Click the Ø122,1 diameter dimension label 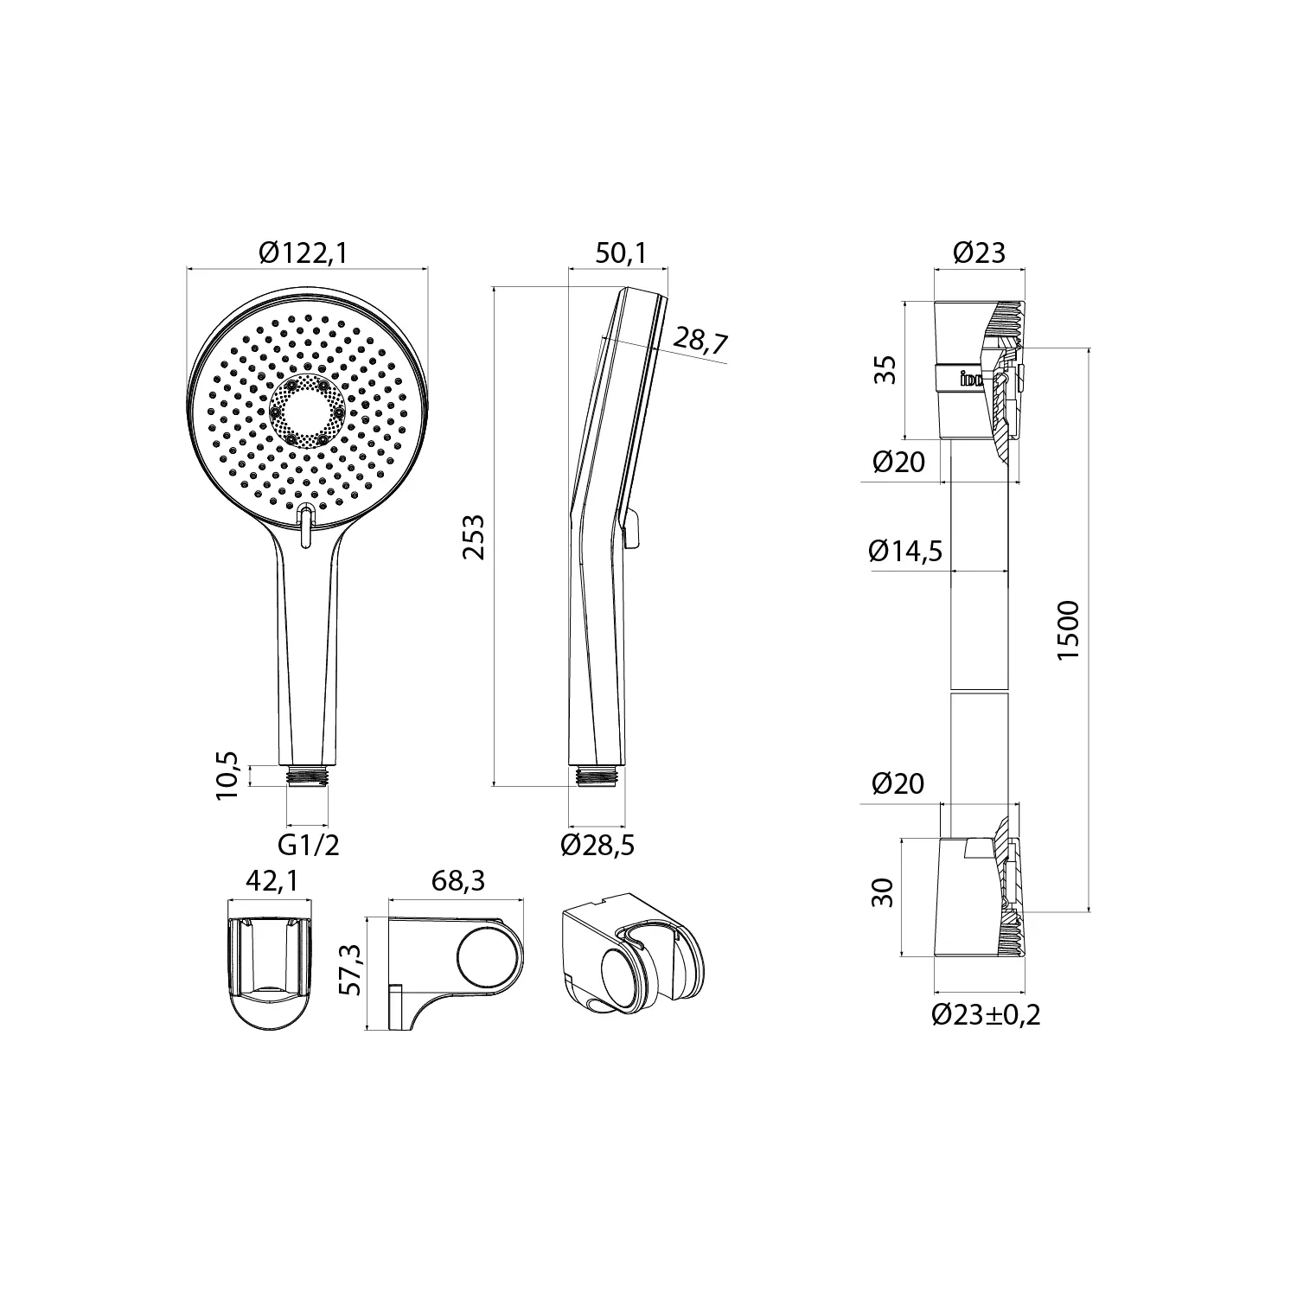tap(308, 252)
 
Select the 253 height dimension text tap(474, 537)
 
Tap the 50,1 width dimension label tap(620, 252)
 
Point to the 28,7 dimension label tap(700, 339)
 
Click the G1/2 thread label tap(308, 845)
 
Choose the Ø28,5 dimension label tap(597, 845)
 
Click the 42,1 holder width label tap(272, 880)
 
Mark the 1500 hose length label tap(1069, 630)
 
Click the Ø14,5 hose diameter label tap(906, 551)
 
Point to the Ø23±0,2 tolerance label tap(986, 1014)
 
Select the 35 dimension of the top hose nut tap(885, 369)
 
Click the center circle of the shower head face tap(307, 412)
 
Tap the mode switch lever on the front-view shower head tap(305, 527)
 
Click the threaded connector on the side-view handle tap(597, 775)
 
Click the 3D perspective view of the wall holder tap(633, 952)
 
